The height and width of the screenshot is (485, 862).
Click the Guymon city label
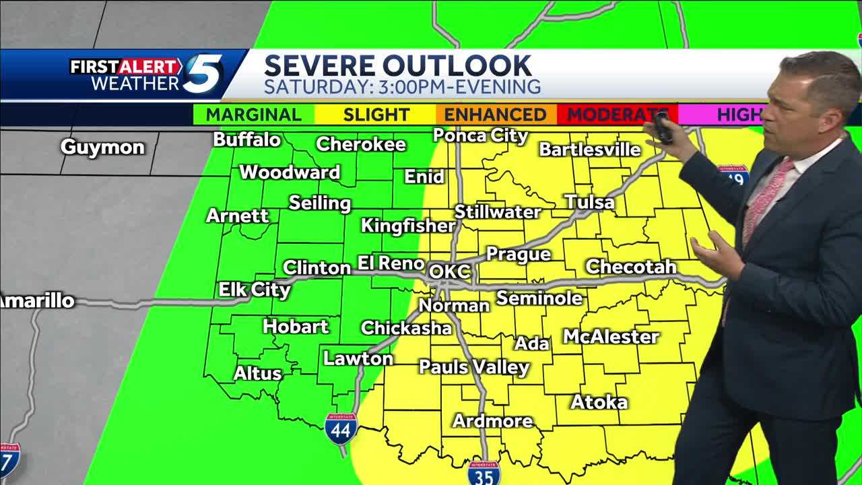click(x=102, y=148)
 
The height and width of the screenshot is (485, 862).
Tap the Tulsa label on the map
click(x=589, y=202)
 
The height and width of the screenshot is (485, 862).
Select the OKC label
click(x=449, y=272)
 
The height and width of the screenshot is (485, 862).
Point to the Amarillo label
click(x=37, y=301)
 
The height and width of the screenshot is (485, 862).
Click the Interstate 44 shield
click(x=341, y=428)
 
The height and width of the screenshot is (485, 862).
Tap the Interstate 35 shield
click(x=484, y=473)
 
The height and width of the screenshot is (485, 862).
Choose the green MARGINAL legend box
click(x=254, y=115)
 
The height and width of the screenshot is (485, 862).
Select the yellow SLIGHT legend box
click(x=376, y=115)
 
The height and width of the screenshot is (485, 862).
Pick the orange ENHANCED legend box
click(x=495, y=115)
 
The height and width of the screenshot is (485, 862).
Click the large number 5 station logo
click(x=203, y=73)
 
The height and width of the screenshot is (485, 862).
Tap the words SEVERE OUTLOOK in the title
click(x=397, y=66)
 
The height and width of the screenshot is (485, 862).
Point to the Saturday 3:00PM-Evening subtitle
click(x=402, y=87)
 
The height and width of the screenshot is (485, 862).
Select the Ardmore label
click(x=493, y=421)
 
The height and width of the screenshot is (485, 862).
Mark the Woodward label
click(x=290, y=172)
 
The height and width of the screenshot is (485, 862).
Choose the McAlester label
click(x=611, y=337)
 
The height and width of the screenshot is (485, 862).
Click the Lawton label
click(x=358, y=359)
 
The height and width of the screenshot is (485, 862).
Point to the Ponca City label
click(x=480, y=135)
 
